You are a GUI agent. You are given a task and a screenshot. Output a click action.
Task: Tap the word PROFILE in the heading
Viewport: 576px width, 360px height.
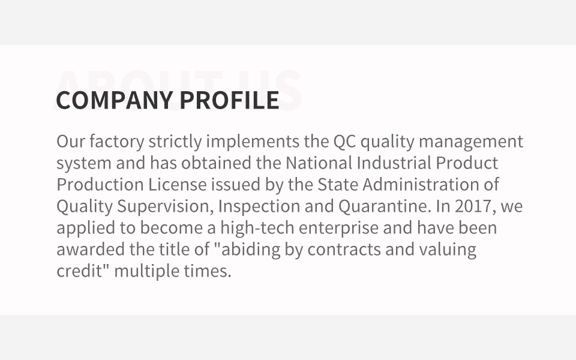pos(230,100)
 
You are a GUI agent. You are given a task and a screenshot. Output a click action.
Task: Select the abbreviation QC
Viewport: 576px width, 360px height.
pos(344,142)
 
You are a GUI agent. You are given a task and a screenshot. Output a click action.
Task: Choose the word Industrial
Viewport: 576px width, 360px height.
pos(394,163)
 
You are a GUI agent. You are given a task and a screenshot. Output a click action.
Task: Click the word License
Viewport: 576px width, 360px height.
pos(178,184)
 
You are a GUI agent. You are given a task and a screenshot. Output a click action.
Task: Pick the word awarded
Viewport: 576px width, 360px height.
pos(91,250)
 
